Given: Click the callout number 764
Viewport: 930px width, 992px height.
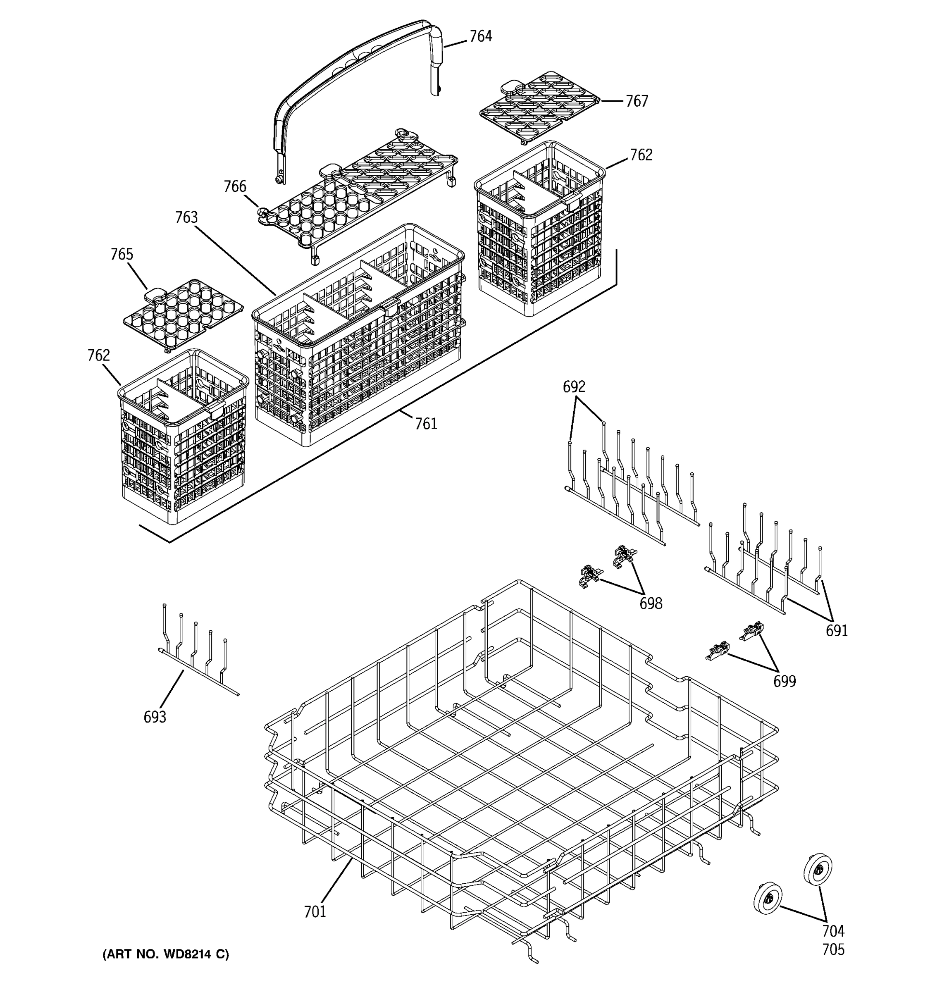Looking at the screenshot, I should pos(480,36).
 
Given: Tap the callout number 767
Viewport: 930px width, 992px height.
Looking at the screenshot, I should pos(637,101).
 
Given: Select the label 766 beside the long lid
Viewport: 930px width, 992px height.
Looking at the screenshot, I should pos(234,187).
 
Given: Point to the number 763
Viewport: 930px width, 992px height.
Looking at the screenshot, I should pos(186,217).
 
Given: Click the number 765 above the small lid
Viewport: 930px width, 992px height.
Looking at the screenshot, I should pos(122,255).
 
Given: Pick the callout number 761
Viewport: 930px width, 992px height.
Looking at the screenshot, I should pos(426,424).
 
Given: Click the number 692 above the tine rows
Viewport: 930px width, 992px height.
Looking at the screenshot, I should pos(574,387).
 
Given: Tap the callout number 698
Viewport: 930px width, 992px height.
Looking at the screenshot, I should pos(651,604).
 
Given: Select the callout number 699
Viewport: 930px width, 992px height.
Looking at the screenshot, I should pos(785,681).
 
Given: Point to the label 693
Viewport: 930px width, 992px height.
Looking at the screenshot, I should pos(155,717).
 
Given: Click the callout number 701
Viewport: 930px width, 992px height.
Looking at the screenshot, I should pos(315,912).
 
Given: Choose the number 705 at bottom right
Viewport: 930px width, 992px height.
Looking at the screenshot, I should pos(833,949).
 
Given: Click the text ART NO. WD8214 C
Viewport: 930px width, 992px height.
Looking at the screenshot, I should pos(166,954).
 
